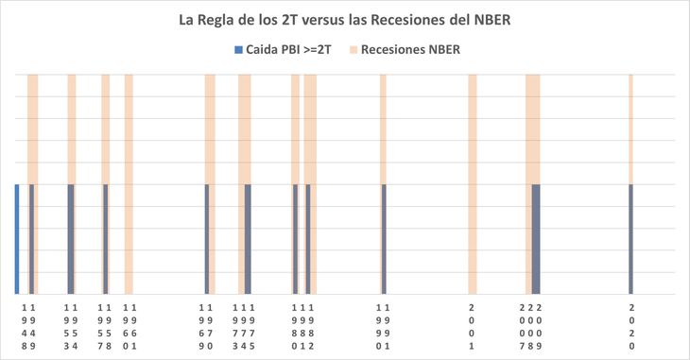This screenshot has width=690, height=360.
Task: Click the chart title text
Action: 345,19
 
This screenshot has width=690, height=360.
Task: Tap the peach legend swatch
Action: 355,49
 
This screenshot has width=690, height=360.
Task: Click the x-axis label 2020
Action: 631,326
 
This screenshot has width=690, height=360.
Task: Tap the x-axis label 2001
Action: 472,326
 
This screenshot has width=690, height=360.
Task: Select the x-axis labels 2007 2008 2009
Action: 531,326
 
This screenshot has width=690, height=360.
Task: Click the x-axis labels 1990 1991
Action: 383,326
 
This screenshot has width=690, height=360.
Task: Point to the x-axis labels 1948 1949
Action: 28,326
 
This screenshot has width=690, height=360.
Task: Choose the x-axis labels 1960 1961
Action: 129,326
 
